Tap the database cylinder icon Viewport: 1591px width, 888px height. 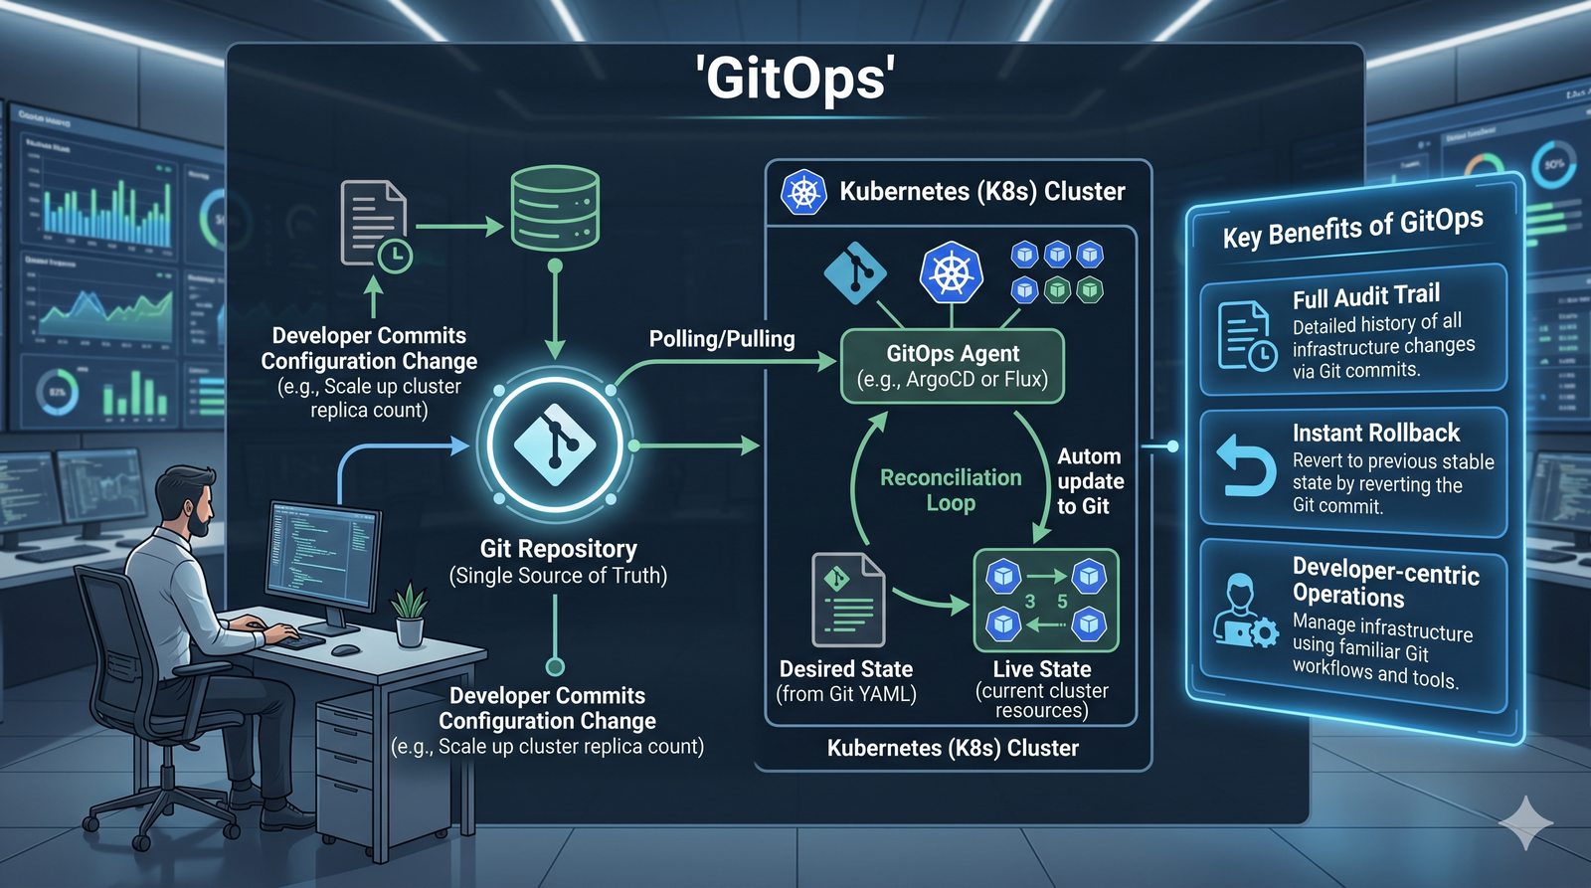click(555, 209)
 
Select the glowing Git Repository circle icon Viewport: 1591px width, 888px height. click(555, 444)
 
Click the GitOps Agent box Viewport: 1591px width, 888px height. click(953, 366)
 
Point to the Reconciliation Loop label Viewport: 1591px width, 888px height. click(951, 490)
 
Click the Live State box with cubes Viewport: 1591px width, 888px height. click(1046, 600)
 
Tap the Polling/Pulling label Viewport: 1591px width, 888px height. click(722, 339)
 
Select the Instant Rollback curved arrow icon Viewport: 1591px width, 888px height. click(1245, 464)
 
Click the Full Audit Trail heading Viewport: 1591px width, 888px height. click(1365, 295)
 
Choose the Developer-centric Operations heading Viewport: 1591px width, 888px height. click(1385, 583)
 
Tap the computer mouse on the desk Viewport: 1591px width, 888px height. click(345, 650)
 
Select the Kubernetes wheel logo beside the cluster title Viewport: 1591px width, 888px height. click(803, 192)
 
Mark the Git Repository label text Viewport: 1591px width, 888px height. click(558, 549)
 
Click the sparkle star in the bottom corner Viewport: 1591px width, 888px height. click(1525, 822)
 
